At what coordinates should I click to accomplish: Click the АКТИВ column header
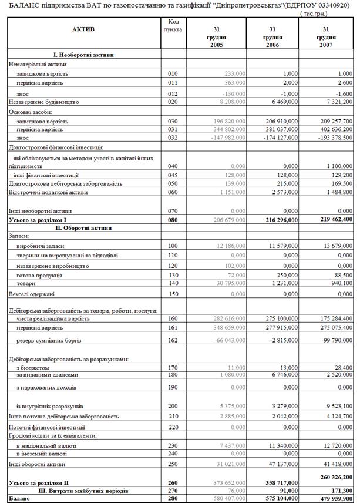pyautogui.click(x=83, y=29)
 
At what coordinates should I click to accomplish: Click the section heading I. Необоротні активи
pyautogui.click(x=83, y=55)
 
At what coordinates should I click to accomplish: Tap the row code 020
pyautogui.click(x=172, y=102)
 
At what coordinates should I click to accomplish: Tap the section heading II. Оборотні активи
pyautogui.click(x=83, y=227)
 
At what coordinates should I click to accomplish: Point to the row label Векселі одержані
pyautogui.click(x=31, y=293)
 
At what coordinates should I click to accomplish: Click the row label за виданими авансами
pyautogui.click(x=46, y=375)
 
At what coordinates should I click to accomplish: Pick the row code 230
pyautogui.click(x=172, y=446)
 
